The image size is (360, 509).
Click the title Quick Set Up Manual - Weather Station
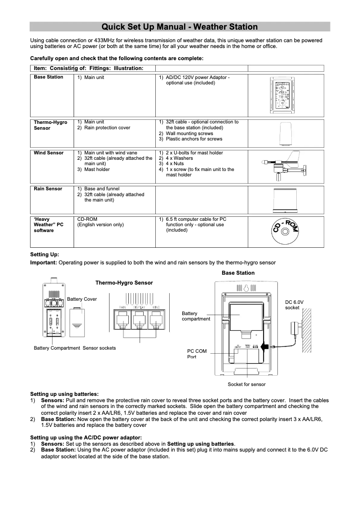[180, 27]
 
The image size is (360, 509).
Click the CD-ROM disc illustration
[285, 231]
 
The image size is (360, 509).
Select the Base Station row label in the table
[48, 77]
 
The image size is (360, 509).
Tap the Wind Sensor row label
[48, 153]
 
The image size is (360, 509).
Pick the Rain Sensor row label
[48, 189]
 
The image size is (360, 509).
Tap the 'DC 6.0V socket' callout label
[294, 305]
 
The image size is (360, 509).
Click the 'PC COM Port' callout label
[197, 354]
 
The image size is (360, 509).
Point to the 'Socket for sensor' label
[246, 385]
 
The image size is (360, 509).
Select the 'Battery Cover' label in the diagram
[82, 299]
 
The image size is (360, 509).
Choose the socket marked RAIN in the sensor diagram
[122, 321]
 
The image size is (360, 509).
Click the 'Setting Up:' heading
[44, 254]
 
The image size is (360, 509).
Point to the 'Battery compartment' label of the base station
[196, 316]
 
